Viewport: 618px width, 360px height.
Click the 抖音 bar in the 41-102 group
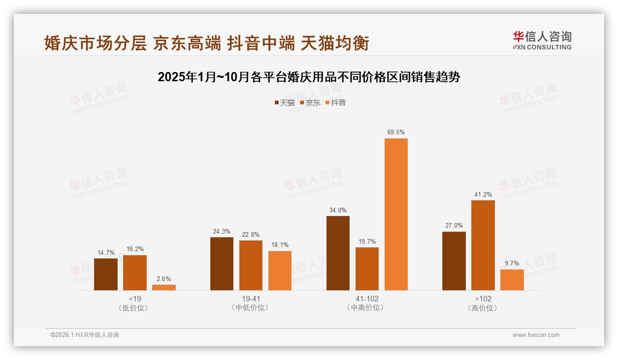(x=396, y=214)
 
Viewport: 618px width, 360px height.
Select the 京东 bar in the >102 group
(x=483, y=245)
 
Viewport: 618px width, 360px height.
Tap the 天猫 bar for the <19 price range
(x=106, y=274)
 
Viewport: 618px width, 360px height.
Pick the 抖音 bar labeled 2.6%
(x=164, y=287)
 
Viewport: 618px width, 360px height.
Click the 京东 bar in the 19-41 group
(x=251, y=265)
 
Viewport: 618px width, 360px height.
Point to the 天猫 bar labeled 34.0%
(x=338, y=253)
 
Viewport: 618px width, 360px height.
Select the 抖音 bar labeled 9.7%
(x=512, y=280)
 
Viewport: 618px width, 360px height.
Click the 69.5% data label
(x=396, y=132)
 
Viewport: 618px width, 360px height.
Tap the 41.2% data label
(x=483, y=194)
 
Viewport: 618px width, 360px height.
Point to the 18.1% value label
(x=280, y=245)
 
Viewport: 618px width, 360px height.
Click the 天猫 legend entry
(x=285, y=103)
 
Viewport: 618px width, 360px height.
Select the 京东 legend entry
(x=310, y=103)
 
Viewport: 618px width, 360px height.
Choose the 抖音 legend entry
(x=336, y=103)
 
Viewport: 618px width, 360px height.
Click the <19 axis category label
(x=135, y=299)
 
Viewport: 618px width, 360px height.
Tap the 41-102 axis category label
(x=367, y=299)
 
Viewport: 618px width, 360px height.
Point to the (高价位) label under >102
(x=483, y=308)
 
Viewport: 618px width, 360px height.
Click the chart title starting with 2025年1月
(x=309, y=77)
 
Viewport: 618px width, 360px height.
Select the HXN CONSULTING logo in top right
(x=542, y=41)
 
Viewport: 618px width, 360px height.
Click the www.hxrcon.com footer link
(x=536, y=335)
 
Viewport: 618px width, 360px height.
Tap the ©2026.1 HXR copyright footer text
(x=85, y=335)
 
